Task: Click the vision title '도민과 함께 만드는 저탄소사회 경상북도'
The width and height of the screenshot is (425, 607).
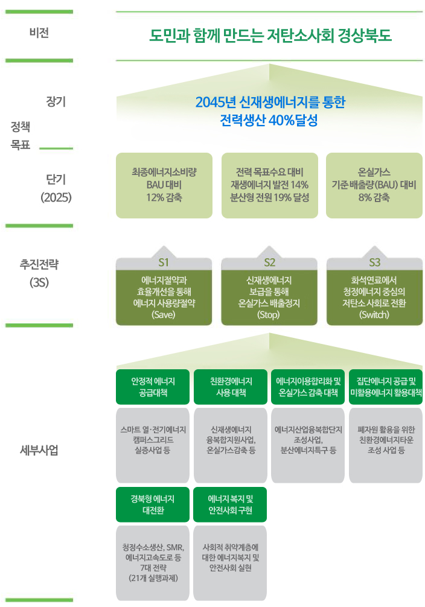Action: pyautogui.click(x=270, y=35)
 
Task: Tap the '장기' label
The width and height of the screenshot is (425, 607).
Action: pyautogui.click(x=56, y=101)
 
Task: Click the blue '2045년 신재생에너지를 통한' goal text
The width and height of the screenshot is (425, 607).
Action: pyautogui.click(x=270, y=102)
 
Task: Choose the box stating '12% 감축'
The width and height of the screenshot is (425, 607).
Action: pyautogui.click(x=164, y=185)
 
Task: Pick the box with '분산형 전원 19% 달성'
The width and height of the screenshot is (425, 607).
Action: pyautogui.click(x=269, y=185)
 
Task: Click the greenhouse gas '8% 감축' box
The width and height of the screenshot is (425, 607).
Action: pyautogui.click(x=374, y=185)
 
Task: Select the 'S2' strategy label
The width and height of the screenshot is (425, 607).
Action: pyautogui.click(x=269, y=262)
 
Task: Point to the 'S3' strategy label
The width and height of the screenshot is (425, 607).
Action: pyautogui.click(x=374, y=262)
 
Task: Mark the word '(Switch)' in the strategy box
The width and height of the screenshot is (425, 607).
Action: pyautogui.click(x=374, y=315)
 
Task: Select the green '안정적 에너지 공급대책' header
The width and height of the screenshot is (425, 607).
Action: pyautogui.click(x=153, y=387)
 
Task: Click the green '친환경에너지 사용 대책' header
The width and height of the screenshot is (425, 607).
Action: pyautogui.click(x=231, y=387)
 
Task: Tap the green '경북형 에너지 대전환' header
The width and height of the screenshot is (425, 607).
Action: pyautogui.click(x=153, y=504)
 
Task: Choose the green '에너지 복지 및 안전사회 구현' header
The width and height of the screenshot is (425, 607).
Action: pyautogui.click(x=231, y=504)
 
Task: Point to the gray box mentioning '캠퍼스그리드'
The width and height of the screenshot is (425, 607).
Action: pyautogui.click(x=153, y=445)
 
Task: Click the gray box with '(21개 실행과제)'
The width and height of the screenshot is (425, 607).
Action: pyautogui.click(x=153, y=562)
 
